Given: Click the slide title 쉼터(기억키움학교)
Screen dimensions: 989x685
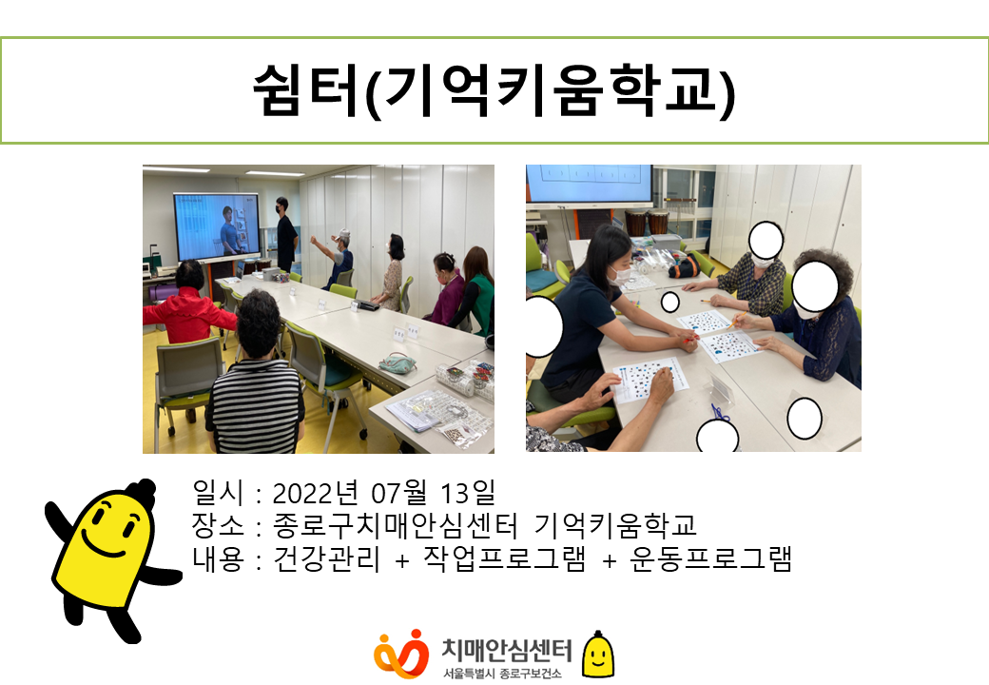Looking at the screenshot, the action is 494,90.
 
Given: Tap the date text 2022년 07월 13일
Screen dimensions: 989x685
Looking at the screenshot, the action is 384,493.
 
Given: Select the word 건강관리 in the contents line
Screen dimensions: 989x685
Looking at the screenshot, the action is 327,558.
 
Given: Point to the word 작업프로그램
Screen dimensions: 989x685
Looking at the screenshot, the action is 505,558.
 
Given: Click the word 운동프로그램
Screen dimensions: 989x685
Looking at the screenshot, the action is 710,558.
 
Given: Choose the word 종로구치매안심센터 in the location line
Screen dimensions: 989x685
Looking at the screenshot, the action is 396,525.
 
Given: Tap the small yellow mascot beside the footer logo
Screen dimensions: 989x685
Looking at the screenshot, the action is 597,655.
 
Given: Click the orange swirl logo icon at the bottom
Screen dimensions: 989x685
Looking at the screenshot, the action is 400,654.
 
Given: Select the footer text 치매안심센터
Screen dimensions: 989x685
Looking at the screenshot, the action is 507,650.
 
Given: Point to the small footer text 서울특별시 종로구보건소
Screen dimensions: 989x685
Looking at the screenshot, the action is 502,673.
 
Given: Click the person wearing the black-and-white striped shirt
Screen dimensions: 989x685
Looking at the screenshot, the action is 255,379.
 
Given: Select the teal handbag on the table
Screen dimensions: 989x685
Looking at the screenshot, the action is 398,362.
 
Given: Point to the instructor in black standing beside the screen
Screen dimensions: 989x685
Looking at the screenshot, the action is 285,233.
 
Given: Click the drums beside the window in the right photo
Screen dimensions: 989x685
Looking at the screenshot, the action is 647,223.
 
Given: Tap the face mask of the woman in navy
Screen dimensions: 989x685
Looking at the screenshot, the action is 621,275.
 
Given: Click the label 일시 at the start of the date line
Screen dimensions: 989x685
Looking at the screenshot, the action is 218,493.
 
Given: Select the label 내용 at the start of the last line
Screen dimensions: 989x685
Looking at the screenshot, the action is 218,558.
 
